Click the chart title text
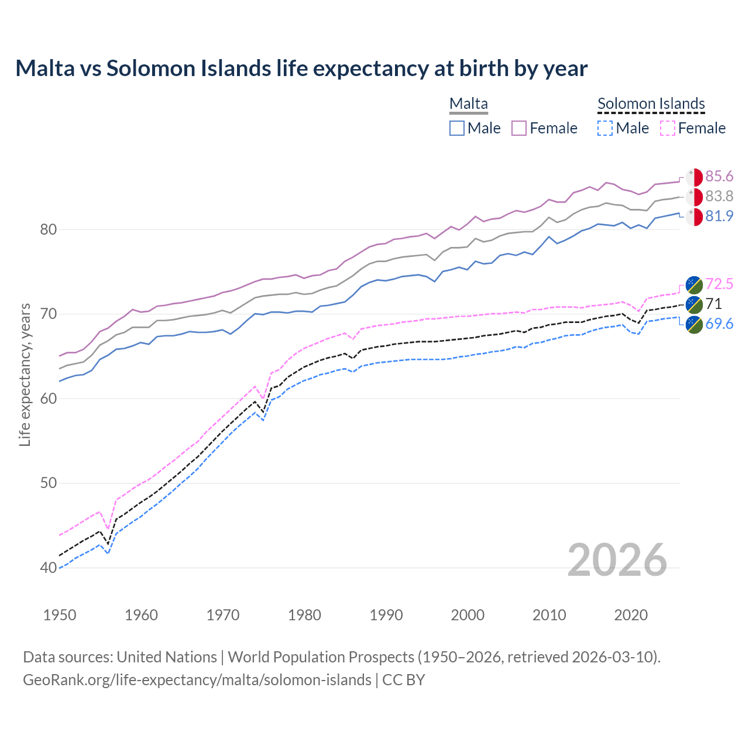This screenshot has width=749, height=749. pos(301,68)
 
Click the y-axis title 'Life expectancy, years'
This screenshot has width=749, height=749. pos(25,374)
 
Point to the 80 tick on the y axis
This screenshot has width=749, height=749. pos(49,229)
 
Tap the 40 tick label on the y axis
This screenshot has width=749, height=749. pos(49,568)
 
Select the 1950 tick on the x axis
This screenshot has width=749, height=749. pos(60,615)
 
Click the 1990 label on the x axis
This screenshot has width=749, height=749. pos(386,615)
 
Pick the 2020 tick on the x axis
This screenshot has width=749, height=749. pos(631,615)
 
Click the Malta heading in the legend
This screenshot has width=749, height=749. pos(468,104)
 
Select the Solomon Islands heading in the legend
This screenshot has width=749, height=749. pos(651,104)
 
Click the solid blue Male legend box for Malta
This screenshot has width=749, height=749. pos(457,128)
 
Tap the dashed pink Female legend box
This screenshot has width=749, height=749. pos(668,128)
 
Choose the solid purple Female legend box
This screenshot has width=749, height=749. pos(519,128)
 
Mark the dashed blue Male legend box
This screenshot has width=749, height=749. pos(605,128)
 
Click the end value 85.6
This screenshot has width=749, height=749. pos(719,177)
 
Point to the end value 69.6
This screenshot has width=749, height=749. pos(719,324)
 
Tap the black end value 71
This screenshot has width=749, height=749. pos(713,304)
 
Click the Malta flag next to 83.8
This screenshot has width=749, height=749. pos(694,197)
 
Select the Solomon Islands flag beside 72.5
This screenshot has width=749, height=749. pos(694,284)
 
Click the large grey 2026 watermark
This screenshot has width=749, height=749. pos(617,560)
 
